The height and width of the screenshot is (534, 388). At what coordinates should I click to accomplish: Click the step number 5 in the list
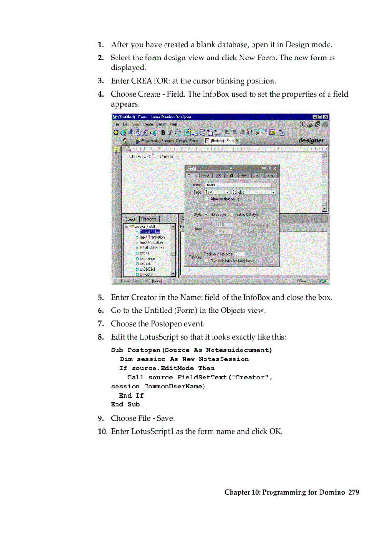point(101,298)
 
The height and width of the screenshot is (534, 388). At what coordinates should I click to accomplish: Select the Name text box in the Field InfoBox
point(237,185)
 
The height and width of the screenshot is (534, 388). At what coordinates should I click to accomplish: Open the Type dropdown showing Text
point(217,192)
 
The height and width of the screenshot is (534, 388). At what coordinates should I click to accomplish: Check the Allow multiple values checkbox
point(206,198)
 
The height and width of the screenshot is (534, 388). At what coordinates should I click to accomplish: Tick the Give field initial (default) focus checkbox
point(206,260)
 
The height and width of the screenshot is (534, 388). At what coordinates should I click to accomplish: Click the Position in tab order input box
point(240,254)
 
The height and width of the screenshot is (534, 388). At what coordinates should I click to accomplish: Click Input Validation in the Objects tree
point(151,243)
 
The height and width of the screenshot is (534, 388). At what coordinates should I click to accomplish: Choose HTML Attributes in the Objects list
point(151,248)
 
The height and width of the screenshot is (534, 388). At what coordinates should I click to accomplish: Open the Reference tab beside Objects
point(149,219)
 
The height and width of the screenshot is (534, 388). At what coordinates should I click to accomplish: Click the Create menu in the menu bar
point(148,124)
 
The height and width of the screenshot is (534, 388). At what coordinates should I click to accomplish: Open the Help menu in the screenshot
point(174,124)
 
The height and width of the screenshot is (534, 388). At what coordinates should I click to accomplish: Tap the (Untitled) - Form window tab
point(222,141)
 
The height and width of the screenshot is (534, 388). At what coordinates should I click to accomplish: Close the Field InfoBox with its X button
point(274,168)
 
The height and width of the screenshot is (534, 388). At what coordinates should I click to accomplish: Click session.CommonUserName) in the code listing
point(158,386)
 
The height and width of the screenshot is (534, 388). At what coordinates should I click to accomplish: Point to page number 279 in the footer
point(353,492)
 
